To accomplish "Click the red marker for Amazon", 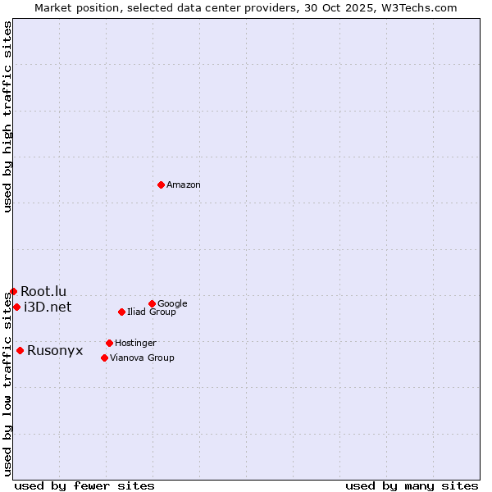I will (161, 184).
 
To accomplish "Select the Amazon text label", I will (184, 185).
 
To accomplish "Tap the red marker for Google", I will (152, 303).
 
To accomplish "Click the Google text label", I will (172, 303).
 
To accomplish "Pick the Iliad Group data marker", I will (121, 312).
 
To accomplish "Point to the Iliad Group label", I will (152, 312).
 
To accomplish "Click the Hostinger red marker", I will (109, 343).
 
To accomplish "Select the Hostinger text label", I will (135, 343).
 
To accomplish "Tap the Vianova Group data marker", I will (104, 358).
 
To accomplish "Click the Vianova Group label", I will (142, 358).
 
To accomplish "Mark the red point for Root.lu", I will (13, 291).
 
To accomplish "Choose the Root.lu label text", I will (43, 291).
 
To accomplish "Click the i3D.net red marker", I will (16, 307).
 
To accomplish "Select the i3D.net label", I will (48, 307).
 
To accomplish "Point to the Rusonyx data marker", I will (20, 350).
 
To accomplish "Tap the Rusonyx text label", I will (55, 351).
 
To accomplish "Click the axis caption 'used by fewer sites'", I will (84, 485).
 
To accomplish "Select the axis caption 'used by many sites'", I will (412, 485).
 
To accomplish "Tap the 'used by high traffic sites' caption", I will (7, 116).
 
